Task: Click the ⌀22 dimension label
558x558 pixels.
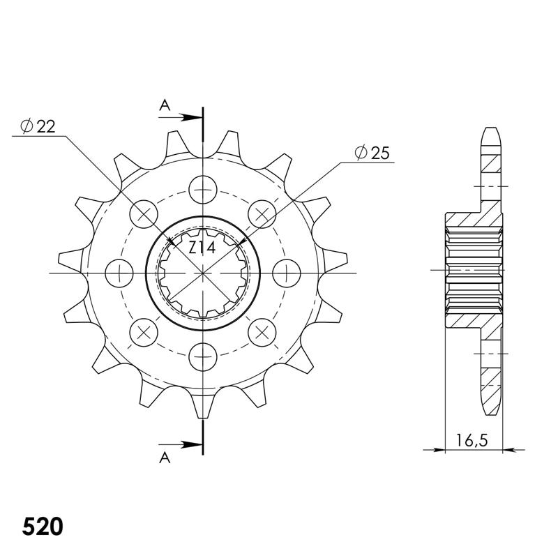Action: point(38,126)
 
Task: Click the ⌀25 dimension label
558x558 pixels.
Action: point(372,153)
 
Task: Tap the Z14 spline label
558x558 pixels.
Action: point(202,248)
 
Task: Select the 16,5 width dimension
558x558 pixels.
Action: point(472,441)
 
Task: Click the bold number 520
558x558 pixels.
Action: point(43,527)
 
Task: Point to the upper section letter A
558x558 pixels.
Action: point(165,105)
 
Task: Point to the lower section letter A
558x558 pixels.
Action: point(165,458)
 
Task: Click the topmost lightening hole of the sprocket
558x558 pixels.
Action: point(203,189)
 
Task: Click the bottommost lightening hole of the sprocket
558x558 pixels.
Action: point(203,357)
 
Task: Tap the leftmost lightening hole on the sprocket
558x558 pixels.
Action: point(119,273)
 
